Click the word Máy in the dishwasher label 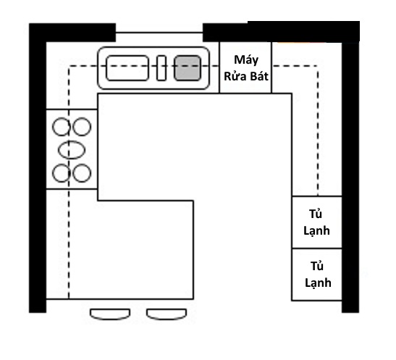(246, 60)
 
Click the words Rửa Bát (246, 76)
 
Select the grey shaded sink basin (188, 68)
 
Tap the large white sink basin (127, 68)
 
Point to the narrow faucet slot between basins (161, 68)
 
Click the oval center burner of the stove (72, 150)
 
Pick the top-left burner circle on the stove (62, 127)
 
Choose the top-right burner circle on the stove (82, 127)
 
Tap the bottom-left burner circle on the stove (62, 173)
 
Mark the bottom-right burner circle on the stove (82, 173)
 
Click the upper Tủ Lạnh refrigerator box (317, 222)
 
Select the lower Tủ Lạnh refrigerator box (317, 275)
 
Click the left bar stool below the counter (110, 314)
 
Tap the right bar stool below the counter (167, 314)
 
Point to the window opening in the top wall (159, 33)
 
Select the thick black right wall (350, 177)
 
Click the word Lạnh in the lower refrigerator (318, 283)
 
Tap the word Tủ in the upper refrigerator (316, 214)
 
